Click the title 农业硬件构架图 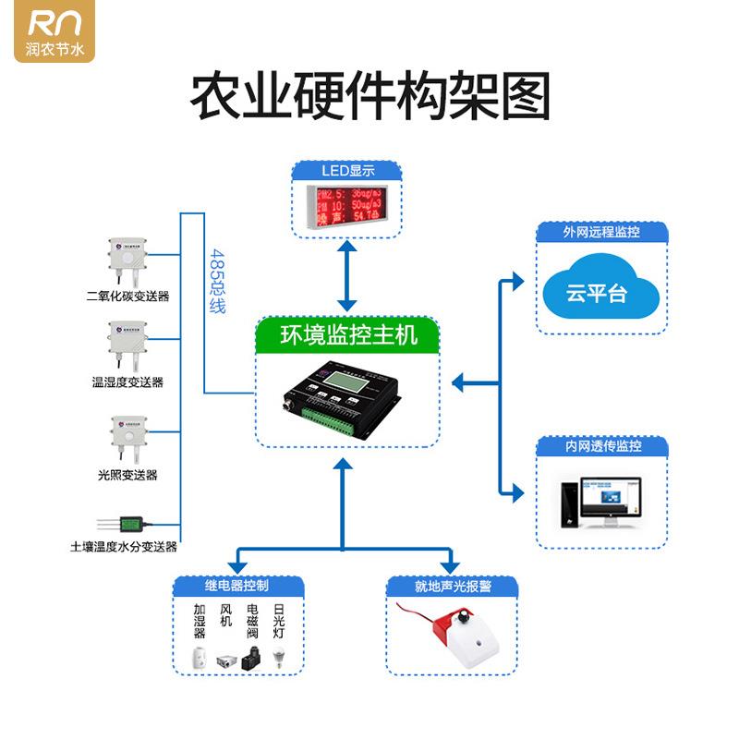[x=369, y=97]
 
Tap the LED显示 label [x=347, y=171]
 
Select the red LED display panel [x=347, y=204]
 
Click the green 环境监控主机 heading [x=348, y=333]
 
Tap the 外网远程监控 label [x=601, y=232]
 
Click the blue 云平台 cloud [x=600, y=292]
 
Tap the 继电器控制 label [x=236, y=585]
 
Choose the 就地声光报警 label [x=453, y=587]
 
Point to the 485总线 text [x=218, y=281]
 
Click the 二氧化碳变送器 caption [x=127, y=297]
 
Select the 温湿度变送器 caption [x=127, y=382]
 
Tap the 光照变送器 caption [x=127, y=475]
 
